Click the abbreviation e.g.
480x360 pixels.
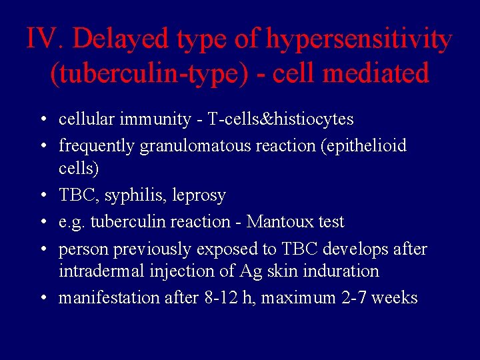(71, 222)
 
